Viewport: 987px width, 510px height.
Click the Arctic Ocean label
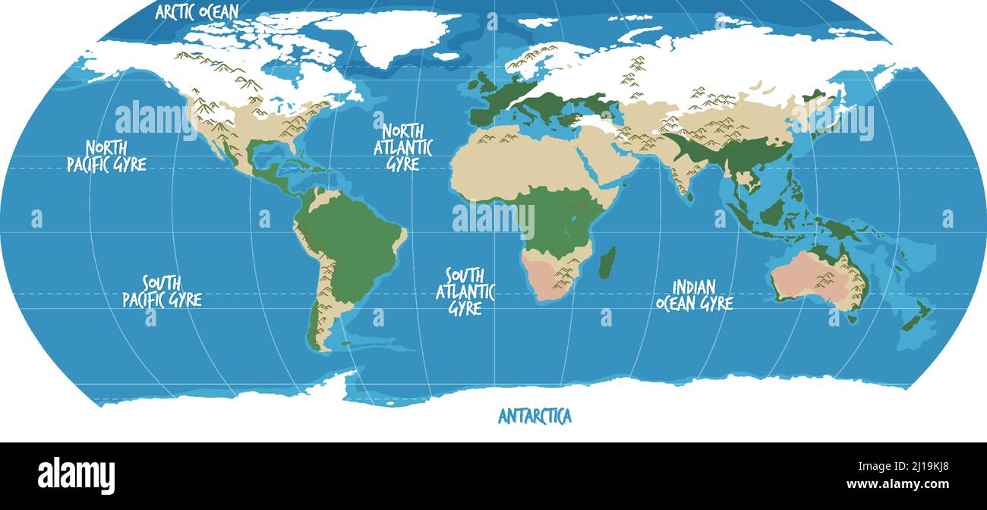coord(197,11)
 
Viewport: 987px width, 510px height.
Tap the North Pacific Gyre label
coord(106,156)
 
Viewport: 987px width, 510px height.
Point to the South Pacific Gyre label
coord(162,291)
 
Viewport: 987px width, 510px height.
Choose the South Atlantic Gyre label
coord(465,291)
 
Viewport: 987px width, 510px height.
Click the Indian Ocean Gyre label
coord(694,295)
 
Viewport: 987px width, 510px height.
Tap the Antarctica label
coord(534,416)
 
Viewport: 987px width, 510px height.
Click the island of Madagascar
coord(607,262)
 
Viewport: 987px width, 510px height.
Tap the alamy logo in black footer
coord(76,476)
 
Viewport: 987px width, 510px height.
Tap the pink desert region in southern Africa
coord(550,277)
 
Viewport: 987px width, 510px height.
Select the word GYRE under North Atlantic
coord(403,163)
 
